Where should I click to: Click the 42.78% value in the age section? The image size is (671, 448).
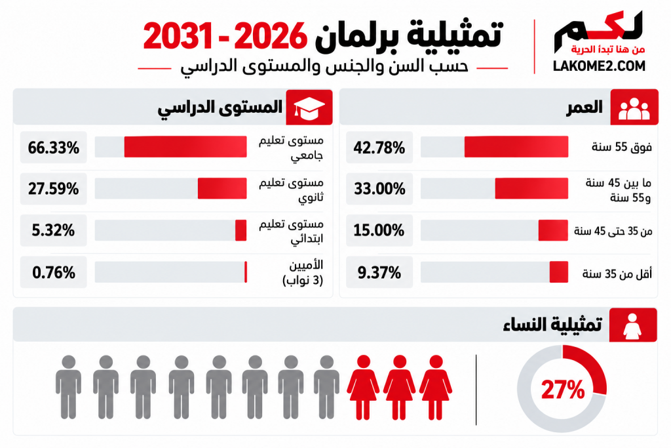click(x=379, y=148)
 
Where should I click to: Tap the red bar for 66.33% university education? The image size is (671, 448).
click(x=185, y=147)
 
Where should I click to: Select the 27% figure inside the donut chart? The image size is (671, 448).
click(x=563, y=390)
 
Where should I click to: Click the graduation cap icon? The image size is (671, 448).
click(x=309, y=108)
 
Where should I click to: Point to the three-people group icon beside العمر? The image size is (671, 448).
click(x=634, y=108)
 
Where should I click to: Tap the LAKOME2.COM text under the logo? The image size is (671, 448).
click(x=599, y=66)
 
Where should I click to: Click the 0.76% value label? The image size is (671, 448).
click(x=54, y=272)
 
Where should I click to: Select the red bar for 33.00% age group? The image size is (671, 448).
click(x=531, y=188)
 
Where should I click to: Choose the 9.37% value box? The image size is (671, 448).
click(x=379, y=272)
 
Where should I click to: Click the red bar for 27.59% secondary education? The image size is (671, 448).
click(x=222, y=188)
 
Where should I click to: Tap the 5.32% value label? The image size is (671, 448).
click(x=53, y=230)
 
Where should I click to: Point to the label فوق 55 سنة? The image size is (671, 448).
click(x=622, y=148)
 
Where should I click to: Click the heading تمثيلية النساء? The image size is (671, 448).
click(x=552, y=324)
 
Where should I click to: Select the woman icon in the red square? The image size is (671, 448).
click(x=632, y=325)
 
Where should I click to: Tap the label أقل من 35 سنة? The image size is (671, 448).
click(x=617, y=274)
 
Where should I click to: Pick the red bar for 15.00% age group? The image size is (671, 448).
click(x=553, y=230)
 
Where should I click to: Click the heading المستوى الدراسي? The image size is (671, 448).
click(x=220, y=107)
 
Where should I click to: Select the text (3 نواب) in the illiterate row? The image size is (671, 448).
click(x=303, y=281)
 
